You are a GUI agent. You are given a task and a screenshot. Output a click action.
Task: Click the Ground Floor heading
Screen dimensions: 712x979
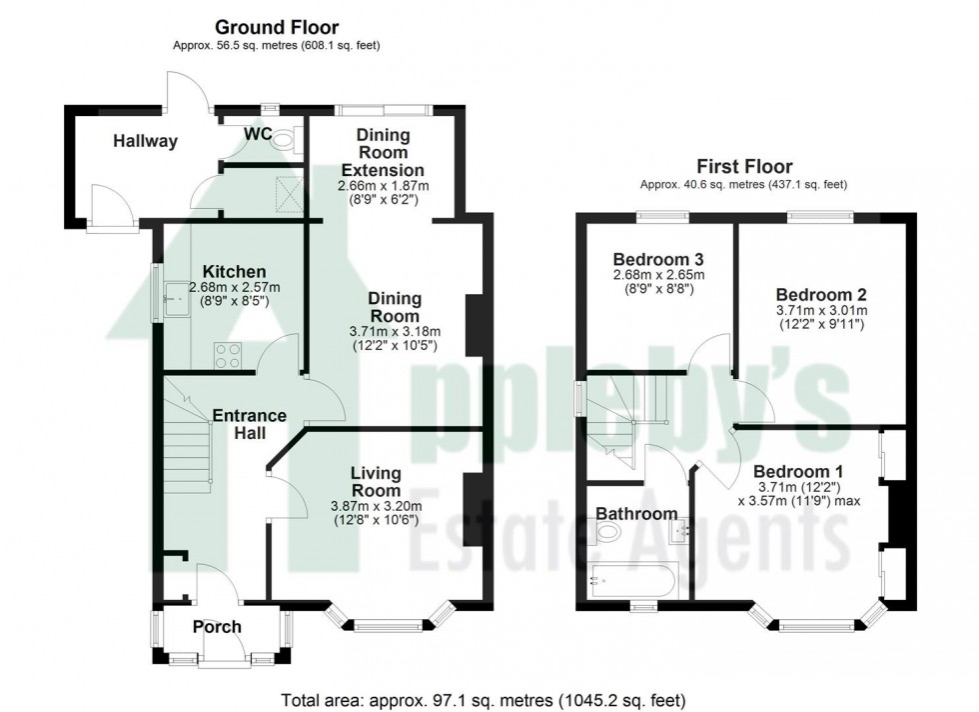tap(277, 28)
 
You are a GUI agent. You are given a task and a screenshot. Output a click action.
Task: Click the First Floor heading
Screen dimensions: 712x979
tap(743, 167)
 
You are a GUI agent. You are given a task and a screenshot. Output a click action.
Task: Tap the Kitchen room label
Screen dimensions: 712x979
tap(234, 271)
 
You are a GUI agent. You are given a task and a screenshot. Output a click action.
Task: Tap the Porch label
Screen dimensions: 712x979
tap(217, 627)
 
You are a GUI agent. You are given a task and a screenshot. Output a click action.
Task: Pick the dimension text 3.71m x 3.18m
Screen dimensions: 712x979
tap(395, 331)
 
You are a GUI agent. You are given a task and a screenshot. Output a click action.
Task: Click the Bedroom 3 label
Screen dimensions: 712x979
tap(657, 256)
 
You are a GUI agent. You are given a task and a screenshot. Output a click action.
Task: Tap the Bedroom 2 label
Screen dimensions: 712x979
tap(821, 295)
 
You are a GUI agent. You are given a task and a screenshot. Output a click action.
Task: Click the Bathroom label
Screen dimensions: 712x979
tap(636, 514)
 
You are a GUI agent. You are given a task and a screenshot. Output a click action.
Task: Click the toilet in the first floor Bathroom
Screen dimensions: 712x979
tap(605, 535)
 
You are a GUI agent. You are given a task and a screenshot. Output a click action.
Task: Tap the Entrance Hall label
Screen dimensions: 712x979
tap(249, 424)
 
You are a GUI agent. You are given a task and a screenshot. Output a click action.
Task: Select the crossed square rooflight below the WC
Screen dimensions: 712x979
tap(288, 190)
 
